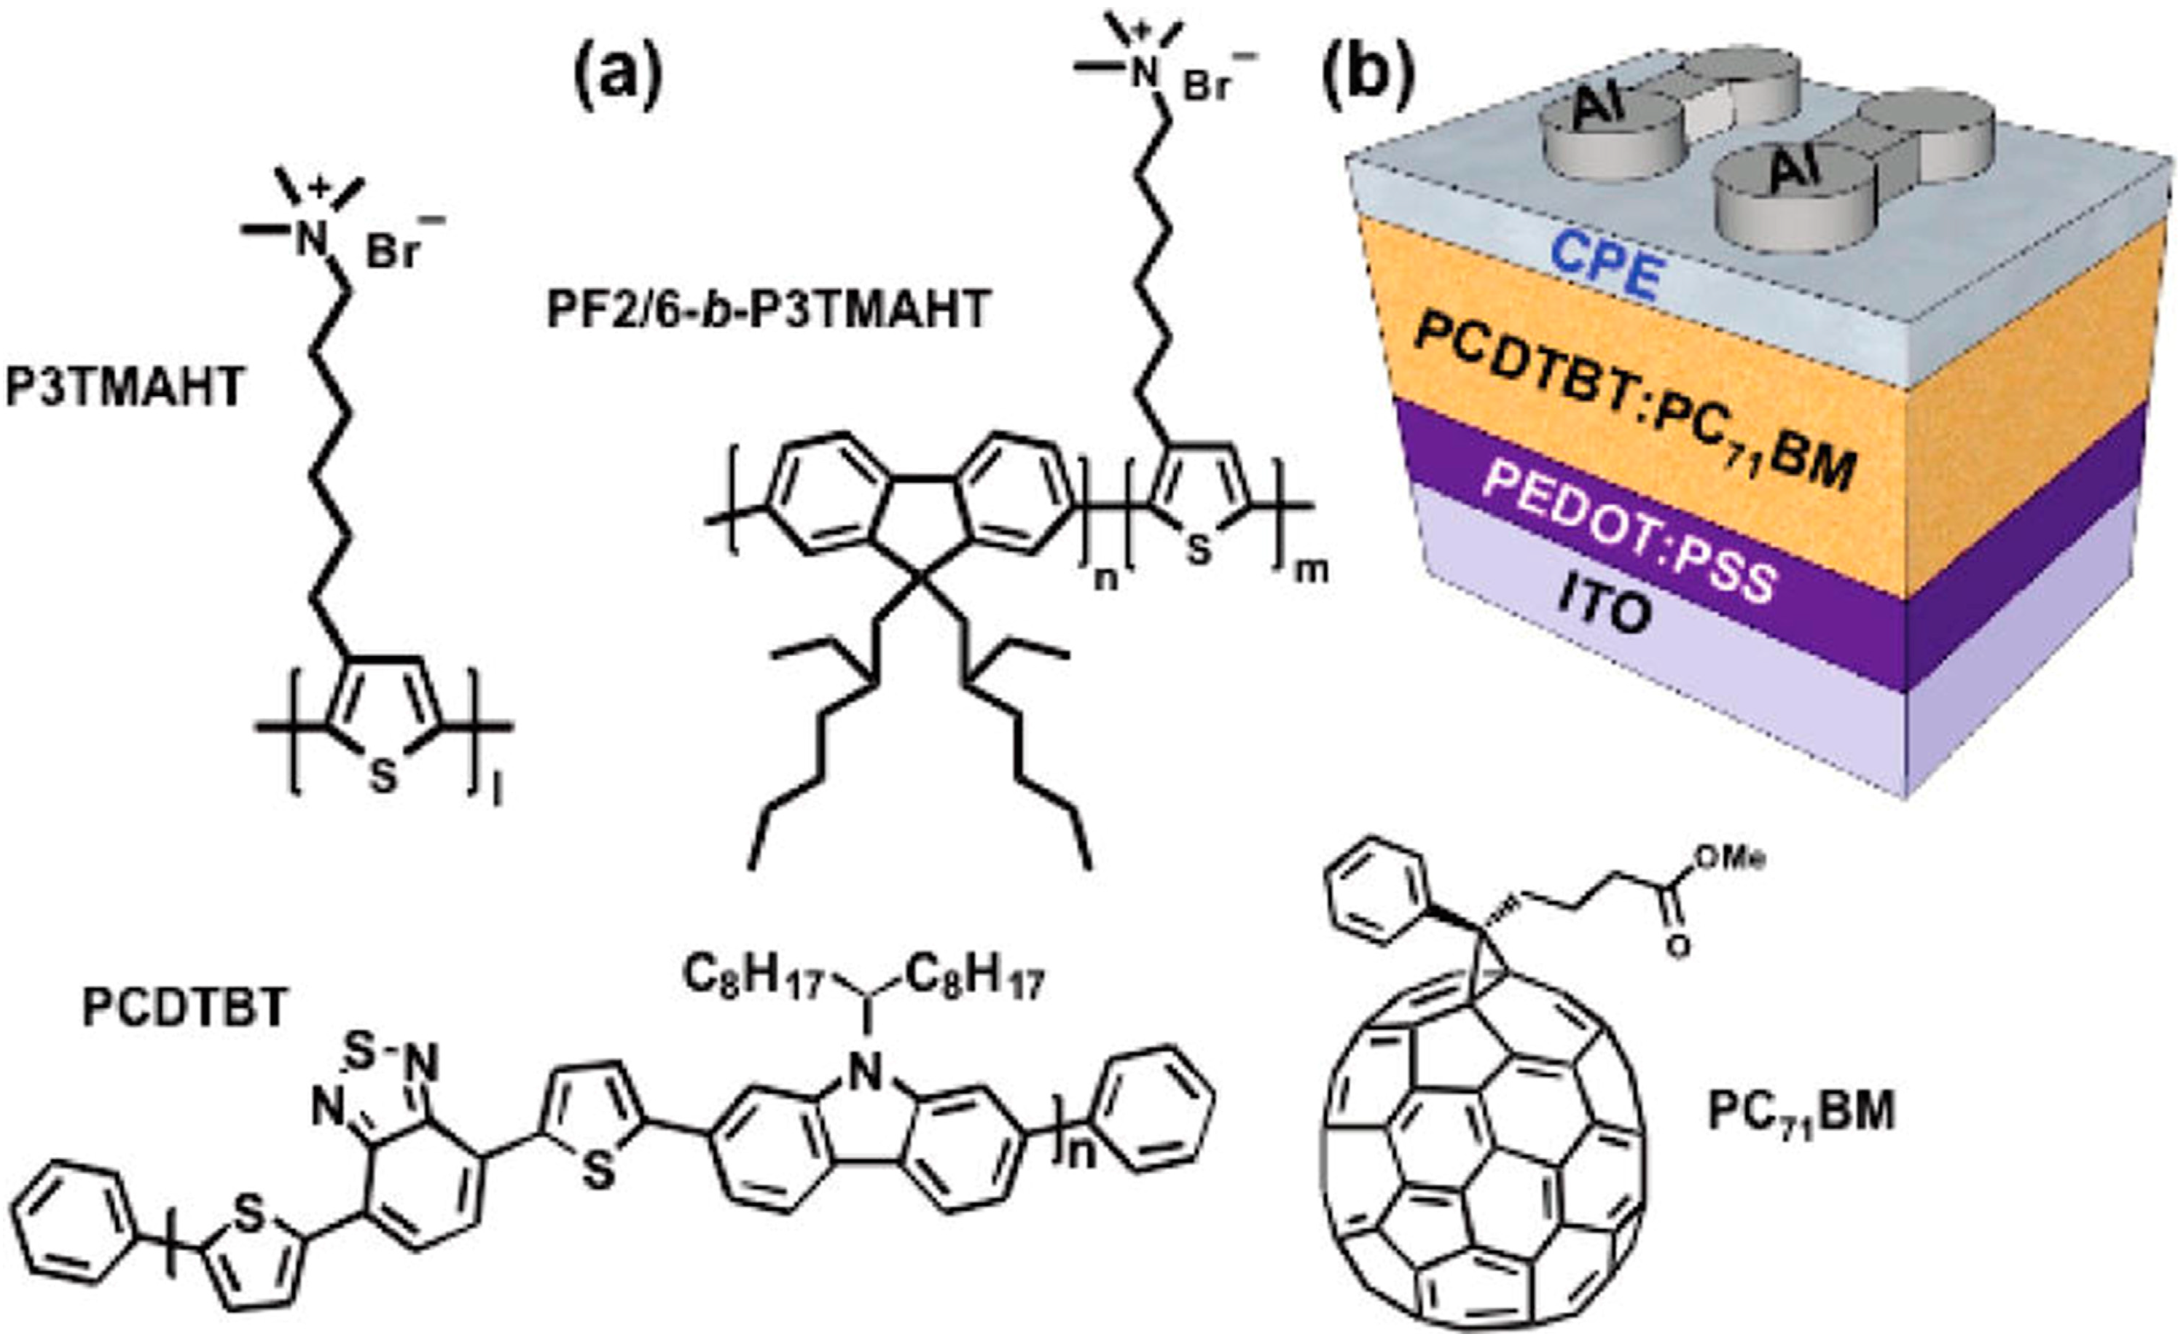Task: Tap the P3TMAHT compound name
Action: click(124, 388)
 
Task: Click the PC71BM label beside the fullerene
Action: click(1801, 1110)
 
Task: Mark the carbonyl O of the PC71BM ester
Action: click(1676, 946)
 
